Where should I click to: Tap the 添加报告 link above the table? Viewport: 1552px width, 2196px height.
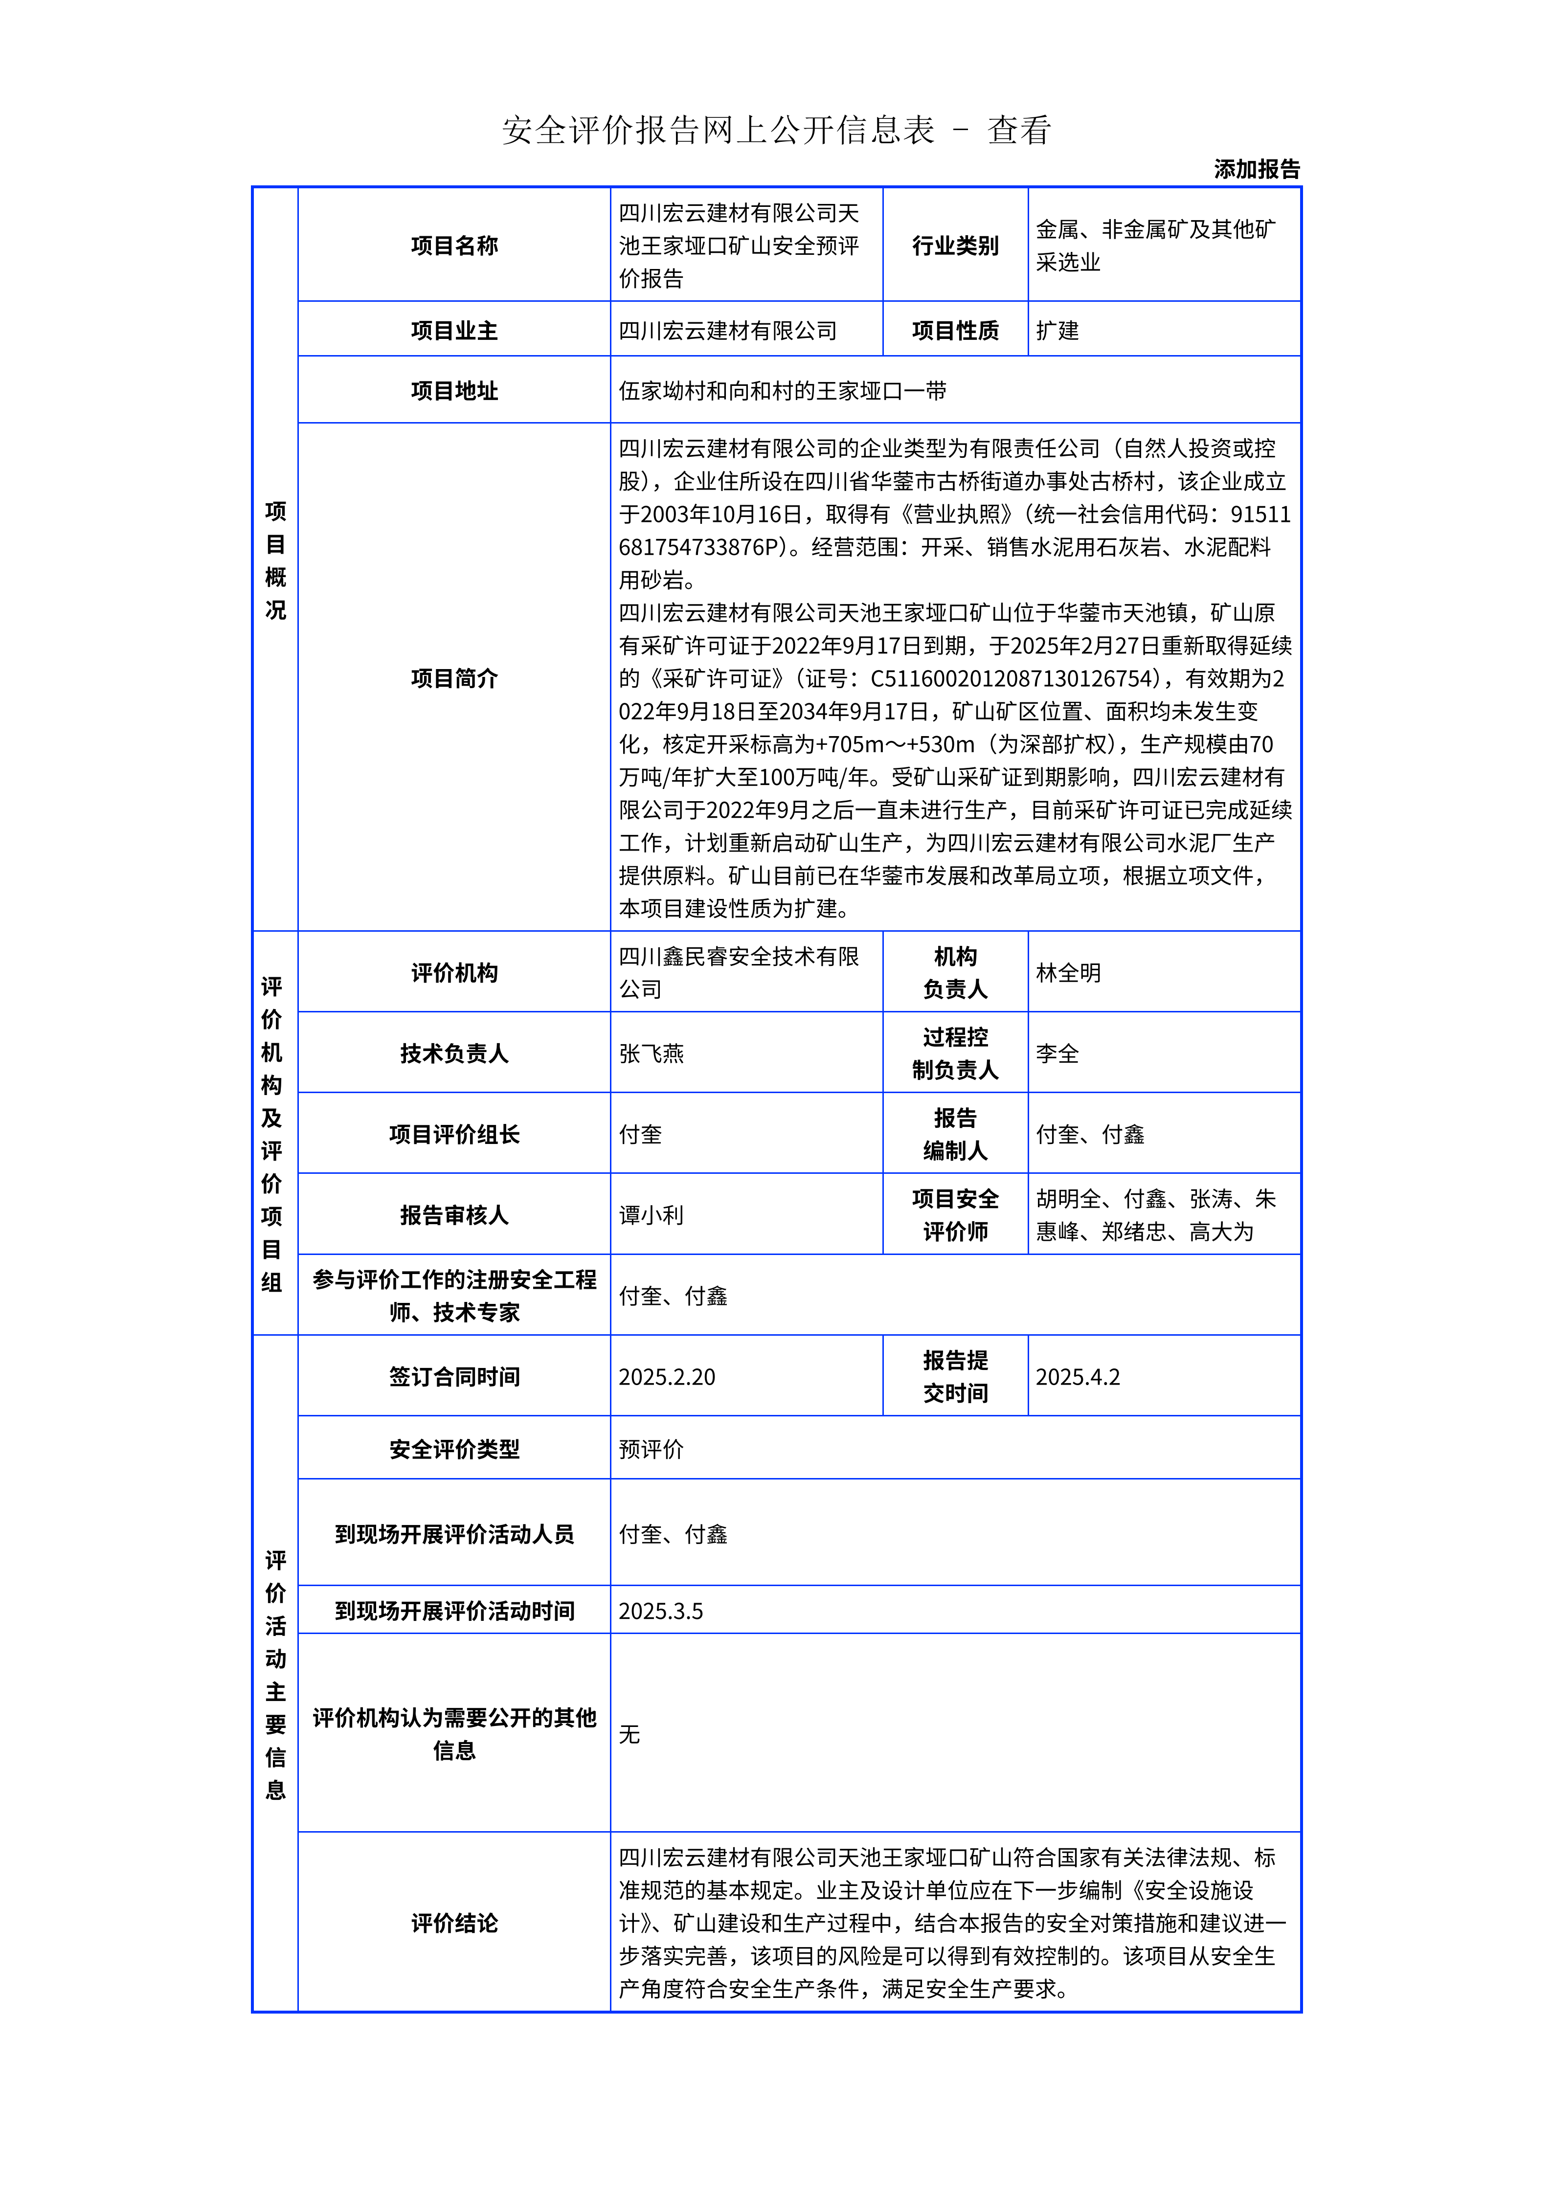1257,169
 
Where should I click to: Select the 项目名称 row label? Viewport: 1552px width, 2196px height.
454,246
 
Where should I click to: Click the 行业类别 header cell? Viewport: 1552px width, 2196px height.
954,246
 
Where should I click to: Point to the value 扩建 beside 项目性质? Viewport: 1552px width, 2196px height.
1057,331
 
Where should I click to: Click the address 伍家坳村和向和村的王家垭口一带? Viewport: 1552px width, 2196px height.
782,390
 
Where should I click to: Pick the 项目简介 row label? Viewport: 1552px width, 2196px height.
454,678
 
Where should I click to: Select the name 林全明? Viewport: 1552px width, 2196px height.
1068,973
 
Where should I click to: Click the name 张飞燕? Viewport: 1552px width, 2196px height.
651,1054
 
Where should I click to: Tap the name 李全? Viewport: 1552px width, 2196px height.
1057,1054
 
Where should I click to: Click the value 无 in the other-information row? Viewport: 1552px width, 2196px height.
629,1734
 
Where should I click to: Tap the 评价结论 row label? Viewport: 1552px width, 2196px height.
454,1924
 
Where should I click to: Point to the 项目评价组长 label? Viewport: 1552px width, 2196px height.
454,1134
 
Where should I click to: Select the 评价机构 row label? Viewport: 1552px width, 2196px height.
454,973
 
